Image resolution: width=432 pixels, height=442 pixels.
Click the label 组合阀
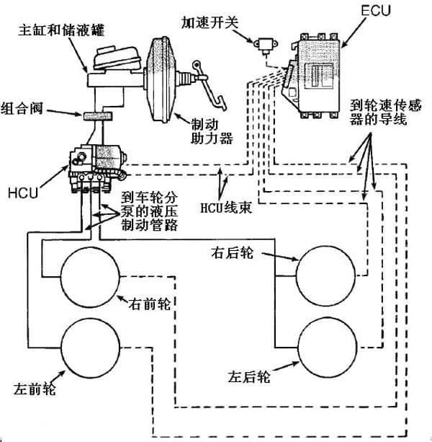22,108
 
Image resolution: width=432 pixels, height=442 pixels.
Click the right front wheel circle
90,277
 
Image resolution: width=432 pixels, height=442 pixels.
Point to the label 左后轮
249,376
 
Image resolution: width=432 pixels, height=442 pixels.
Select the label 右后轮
230,253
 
